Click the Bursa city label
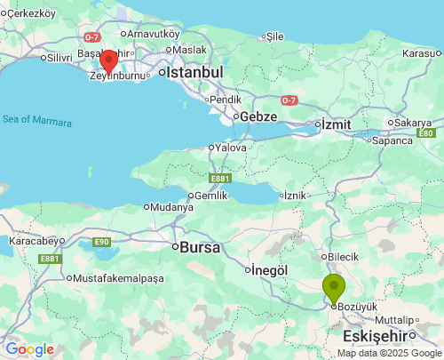pos(199,248)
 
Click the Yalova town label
pos(229,148)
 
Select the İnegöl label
pos(271,269)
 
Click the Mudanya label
pos(172,207)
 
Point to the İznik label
pos(297,196)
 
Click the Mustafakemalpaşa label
pos(117,278)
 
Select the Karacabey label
pos(33,240)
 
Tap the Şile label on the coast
pos(274,36)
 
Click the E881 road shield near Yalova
pos(220,178)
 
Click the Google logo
pos(29,349)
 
